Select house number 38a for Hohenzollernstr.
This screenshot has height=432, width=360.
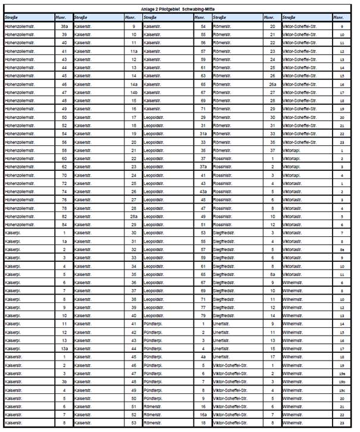64,27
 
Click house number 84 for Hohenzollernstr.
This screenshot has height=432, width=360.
64,224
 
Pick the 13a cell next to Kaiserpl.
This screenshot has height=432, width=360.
64,348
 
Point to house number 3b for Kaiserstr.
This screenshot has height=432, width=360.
64,381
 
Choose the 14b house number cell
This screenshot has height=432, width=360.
134,93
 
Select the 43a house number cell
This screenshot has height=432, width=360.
203,192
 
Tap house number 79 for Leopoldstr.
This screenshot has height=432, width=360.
203,315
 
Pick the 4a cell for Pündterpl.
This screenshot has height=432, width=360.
203,356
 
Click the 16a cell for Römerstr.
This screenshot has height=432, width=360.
203,414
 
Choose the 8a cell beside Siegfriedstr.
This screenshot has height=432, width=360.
272,274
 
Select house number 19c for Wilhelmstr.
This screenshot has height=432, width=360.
342,389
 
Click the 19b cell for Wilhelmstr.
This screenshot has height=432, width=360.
342,381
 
